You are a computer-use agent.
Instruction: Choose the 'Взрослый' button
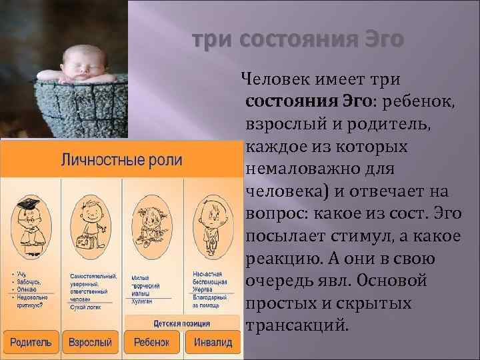[90, 343]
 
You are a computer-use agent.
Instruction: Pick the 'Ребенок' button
[151, 343]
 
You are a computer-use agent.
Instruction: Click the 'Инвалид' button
[212, 343]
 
